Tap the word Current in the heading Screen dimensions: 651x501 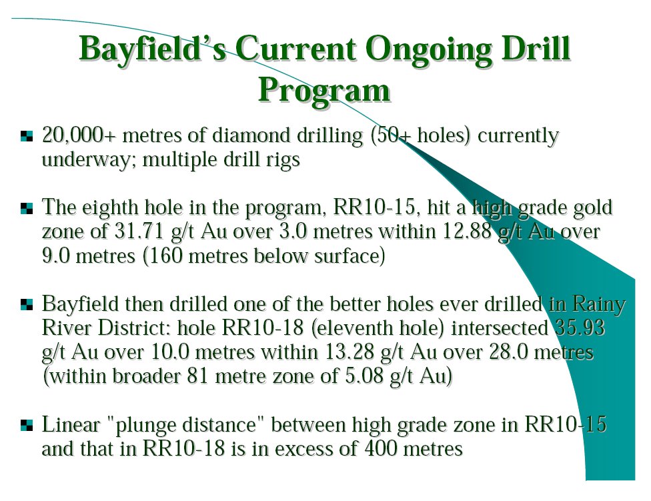click(x=295, y=49)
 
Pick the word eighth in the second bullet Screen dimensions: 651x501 click(x=110, y=207)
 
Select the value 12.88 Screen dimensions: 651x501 click(x=467, y=231)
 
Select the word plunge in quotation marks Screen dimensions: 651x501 click(x=145, y=426)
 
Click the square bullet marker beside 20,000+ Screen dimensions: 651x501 click(x=26, y=136)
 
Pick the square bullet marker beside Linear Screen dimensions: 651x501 click(x=26, y=426)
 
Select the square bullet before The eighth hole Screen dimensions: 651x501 click(x=26, y=208)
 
